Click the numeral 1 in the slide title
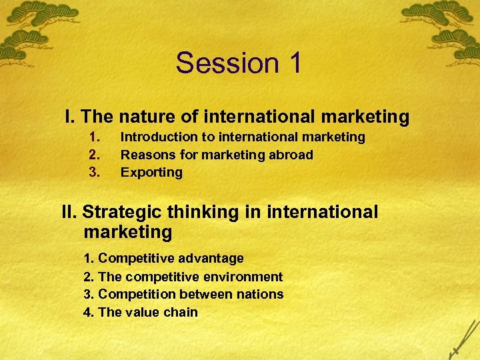click(x=295, y=63)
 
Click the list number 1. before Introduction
click(x=95, y=137)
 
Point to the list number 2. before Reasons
click(x=95, y=155)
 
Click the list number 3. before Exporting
click(x=95, y=172)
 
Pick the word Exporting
click(x=151, y=172)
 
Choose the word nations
click(x=260, y=294)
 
